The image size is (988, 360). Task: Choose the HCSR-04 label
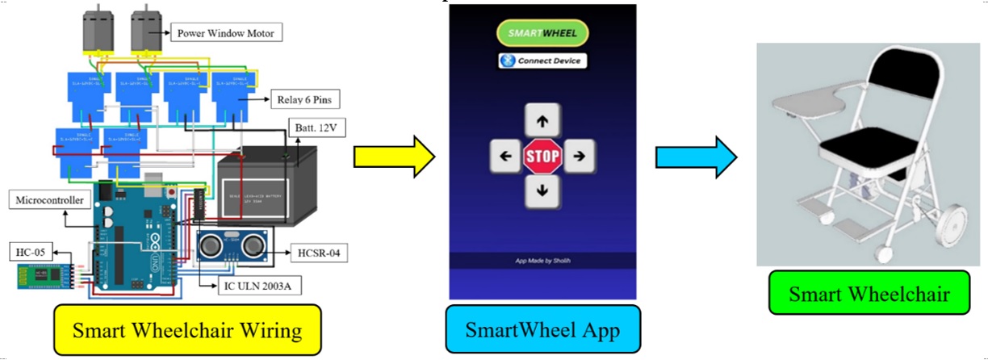(x=316, y=252)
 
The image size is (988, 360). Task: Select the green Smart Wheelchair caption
(x=868, y=295)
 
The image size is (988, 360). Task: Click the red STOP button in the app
(x=542, y=157)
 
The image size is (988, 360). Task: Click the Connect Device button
(x=542, y=61)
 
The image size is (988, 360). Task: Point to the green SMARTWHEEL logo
(x=542, y=33)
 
